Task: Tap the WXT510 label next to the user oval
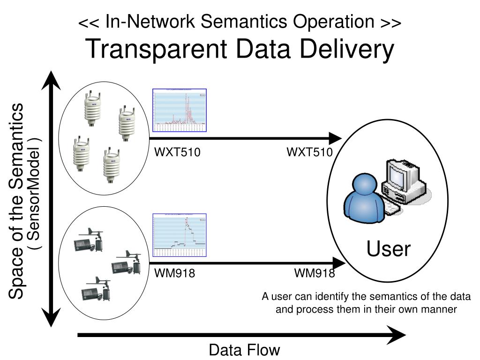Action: coord(309,152)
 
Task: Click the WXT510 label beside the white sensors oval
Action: coord(178,152)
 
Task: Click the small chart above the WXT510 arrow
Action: coord(180,111)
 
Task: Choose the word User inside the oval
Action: coord(389,249)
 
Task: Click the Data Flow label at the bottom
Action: coord(244,350)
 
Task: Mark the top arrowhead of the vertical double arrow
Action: coord(51,80)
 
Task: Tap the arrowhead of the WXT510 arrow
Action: coord(336,138)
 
